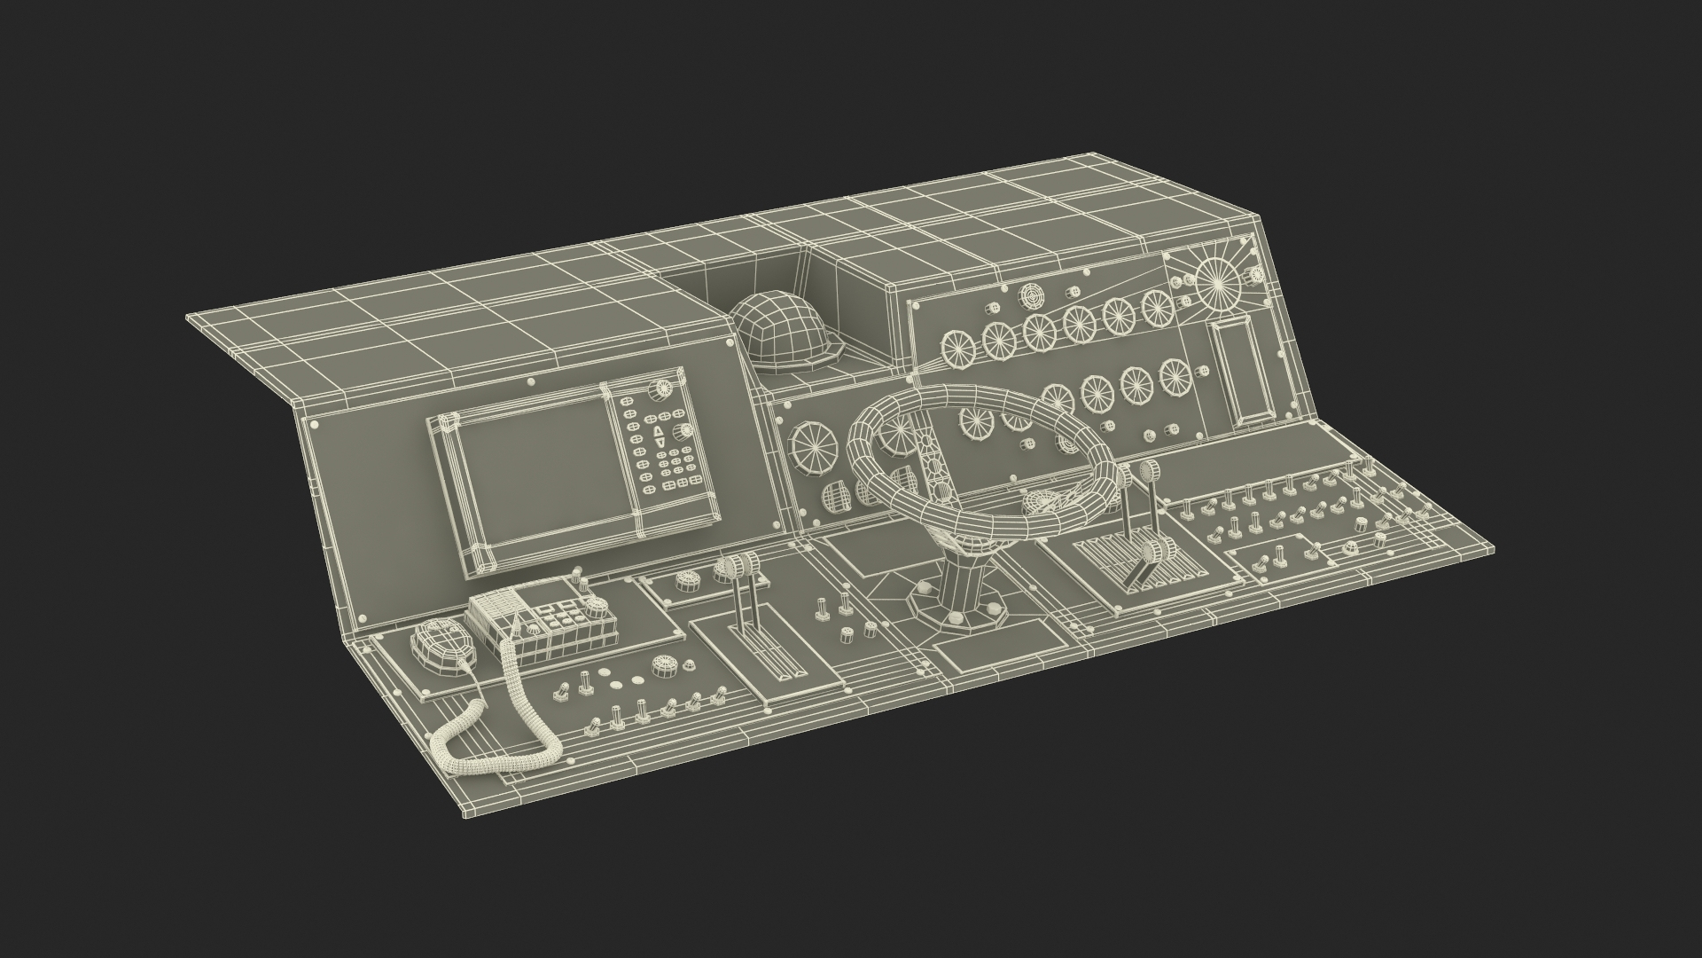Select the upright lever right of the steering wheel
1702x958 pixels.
coord(1150,470)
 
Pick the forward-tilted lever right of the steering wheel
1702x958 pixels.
coord(1152,554)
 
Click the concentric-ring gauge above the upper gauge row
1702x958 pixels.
coord(1031,294)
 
